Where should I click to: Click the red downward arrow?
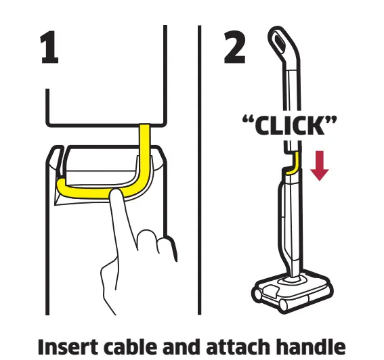[x=319, y=165]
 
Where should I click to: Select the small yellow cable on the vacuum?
[x=292, y=163]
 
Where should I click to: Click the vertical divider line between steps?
[x=200, y=169]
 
